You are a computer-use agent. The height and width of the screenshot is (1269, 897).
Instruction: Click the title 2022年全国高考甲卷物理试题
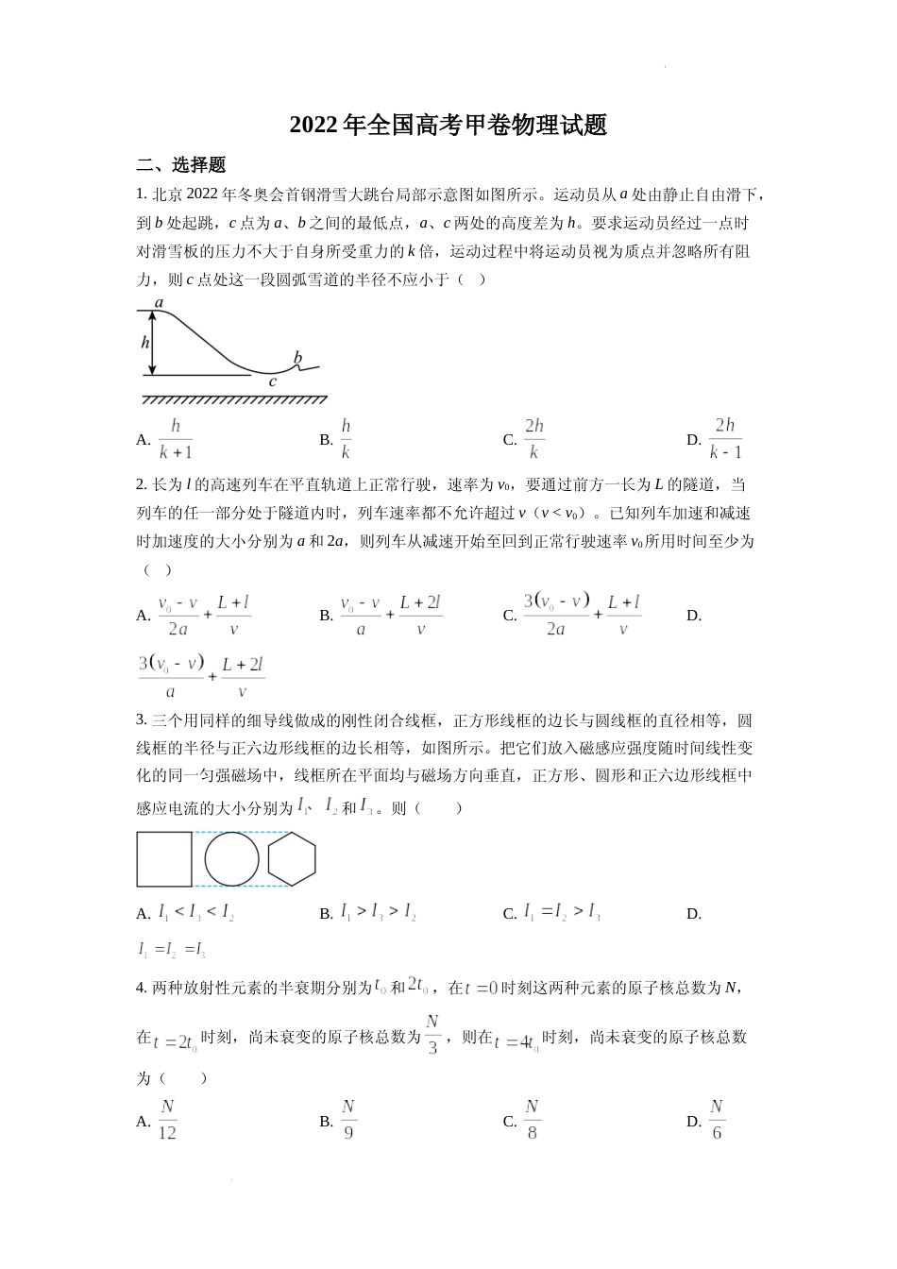tap(448, 125)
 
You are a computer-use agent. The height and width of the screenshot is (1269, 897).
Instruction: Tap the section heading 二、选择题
tap(180, 165)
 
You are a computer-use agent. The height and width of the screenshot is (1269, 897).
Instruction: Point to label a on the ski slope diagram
tap(160, 303)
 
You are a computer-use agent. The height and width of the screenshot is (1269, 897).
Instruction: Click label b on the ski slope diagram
tap(297, 358)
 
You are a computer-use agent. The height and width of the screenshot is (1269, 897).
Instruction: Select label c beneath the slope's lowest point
tap(273, 382)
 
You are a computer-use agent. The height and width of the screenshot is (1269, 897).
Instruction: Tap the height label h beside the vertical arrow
tap(145, 343)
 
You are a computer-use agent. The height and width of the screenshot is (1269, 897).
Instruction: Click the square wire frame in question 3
tap(164, 859)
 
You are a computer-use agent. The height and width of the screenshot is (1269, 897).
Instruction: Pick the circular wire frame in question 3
tap(231, 859)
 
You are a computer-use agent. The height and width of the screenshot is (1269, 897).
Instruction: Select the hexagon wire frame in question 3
tap(291, 859)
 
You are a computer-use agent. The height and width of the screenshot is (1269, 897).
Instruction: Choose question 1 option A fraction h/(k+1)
tap(176, 439)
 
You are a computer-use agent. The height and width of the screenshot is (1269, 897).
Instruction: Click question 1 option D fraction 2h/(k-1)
tap(725, 439)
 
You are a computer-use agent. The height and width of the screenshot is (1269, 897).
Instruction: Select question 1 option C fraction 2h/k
tap(534, 439)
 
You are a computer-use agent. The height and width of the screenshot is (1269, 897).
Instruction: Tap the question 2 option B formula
tap(390, 616)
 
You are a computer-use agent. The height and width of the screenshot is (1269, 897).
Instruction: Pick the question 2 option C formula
tap(583, 615)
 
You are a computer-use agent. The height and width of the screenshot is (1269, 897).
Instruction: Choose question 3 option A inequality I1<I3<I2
tap(196, 913)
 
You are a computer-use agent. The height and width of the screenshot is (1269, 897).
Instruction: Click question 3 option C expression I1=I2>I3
tap(562, 913)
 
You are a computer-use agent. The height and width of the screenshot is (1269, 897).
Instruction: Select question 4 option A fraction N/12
tap(167, 1120)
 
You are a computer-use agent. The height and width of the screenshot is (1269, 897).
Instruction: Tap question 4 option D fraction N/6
tap(717, 1120)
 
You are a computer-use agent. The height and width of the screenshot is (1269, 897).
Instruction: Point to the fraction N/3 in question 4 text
tap(433, 1035)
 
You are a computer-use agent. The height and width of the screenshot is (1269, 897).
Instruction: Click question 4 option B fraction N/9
tap(348, 1120)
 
